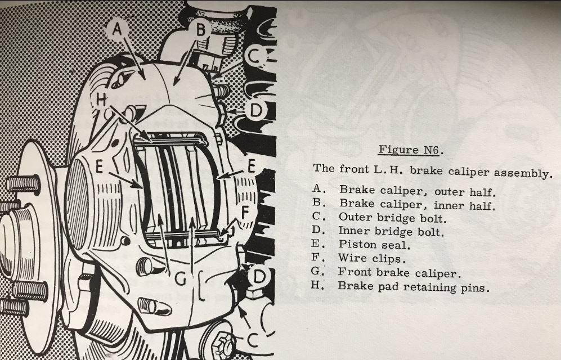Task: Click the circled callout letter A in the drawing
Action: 117,29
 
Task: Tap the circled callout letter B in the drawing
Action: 201,29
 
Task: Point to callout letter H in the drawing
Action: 101,100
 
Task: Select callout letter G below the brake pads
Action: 180,278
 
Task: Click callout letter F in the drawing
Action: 245,213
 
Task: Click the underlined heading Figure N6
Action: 409,150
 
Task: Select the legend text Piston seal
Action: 374,245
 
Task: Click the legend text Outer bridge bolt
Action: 393,218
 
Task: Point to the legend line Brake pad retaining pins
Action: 413,287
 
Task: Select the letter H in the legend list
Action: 316,285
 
